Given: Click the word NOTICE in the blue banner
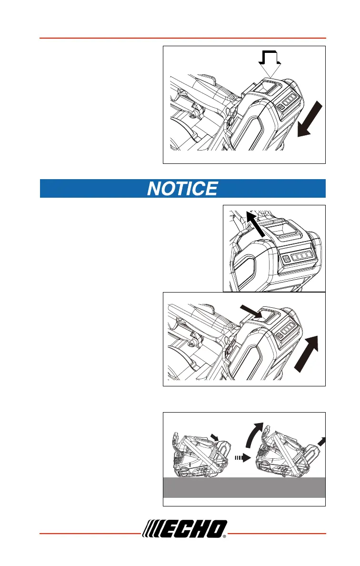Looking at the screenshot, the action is click(x=182, y=189).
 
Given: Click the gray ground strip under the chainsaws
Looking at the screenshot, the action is click(x=244, y=487).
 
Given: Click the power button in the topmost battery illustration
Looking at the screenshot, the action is click(x=281, y=108).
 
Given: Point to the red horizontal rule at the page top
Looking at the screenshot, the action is click(x=182, y=38).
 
